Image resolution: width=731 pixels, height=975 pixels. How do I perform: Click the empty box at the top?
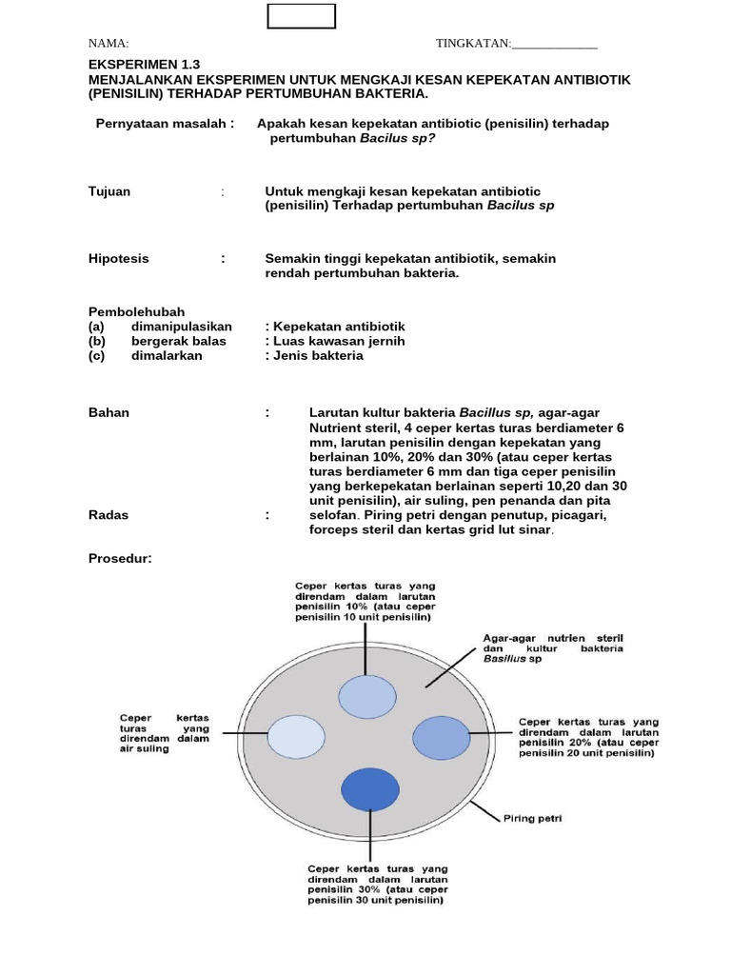click(301, 16)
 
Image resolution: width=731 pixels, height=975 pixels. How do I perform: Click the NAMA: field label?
click(109, 44)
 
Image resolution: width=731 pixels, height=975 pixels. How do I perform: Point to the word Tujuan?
click(109, 191)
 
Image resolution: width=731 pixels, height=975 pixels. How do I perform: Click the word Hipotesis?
click(119, 258)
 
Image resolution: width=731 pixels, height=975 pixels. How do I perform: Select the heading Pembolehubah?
click(136, 311)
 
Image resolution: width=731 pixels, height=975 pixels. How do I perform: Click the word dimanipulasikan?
click(182, 327)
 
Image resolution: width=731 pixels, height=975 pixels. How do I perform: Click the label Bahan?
click(109, 412)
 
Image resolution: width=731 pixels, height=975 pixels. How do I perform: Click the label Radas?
click(109, 514)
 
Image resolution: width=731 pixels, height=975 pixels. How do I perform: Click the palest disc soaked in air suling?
click(295, 737)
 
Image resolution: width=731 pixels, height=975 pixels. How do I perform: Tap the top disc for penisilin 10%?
click(366, 696)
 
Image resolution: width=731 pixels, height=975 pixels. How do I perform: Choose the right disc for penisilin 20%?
click(441, 737)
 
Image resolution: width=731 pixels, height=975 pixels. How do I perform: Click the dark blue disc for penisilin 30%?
click(369, 788)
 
